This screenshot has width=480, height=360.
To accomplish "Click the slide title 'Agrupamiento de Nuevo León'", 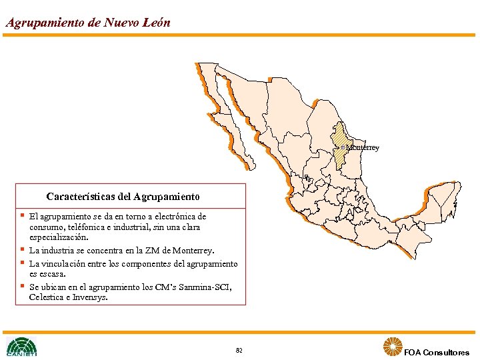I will pos(87,22).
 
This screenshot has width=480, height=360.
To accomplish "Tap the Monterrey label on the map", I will pos(363,147).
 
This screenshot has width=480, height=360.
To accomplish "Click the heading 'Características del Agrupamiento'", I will pos(123,197).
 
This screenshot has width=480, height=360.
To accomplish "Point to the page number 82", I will pos(239,350).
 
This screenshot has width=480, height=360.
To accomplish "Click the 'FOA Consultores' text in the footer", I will pos(437,352).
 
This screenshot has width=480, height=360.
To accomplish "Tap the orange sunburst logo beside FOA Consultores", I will pos(392,347).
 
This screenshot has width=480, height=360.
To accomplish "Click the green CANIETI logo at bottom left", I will pos(21,347).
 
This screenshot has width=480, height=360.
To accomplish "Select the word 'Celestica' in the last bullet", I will pos(47,297).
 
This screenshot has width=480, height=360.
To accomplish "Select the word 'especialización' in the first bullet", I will pos(59,237).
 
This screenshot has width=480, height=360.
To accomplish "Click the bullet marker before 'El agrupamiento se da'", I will pos(22,215).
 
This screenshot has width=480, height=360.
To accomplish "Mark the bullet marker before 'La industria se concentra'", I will pos(22,249).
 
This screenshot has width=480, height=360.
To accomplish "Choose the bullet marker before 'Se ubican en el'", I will pos(22,286).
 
